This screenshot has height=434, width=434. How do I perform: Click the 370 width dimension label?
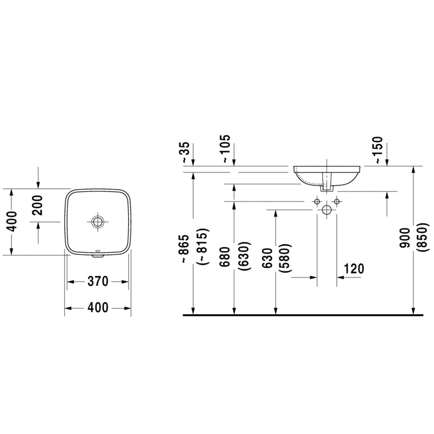pos(98,281)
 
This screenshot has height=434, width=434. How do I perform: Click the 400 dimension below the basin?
pos(98,308)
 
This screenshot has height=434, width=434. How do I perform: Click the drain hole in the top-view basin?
pos(98,221)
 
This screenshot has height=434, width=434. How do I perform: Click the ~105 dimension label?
pos(226,149)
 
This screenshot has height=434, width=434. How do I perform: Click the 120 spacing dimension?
pos(354,268)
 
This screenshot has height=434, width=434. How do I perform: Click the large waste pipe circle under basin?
pos(327,209)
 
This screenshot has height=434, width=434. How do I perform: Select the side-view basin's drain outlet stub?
pos(327,186)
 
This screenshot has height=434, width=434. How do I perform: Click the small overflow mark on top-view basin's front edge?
pos(98,251)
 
